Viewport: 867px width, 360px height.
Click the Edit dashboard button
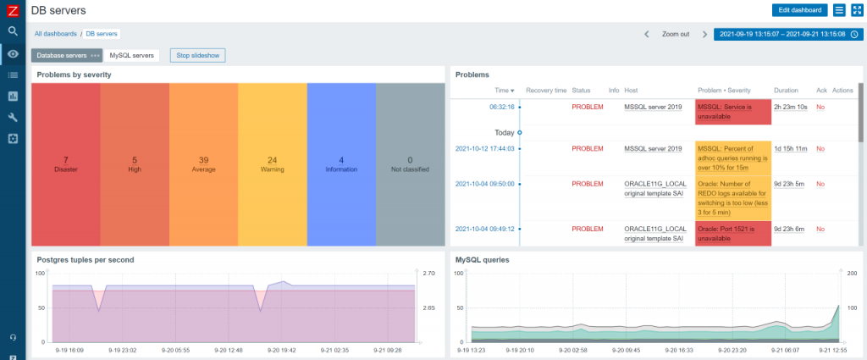[799, 10]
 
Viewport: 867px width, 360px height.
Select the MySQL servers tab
[131, 55]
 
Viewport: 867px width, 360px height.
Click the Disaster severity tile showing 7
[65, 163]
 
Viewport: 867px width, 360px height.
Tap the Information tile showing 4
[341, 163]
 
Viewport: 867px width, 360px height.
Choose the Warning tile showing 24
[272, 163]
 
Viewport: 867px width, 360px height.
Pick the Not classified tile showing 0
[410, 163]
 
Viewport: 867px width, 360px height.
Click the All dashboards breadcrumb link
[56, 34]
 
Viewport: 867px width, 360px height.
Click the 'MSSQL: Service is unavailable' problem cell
[732, 112]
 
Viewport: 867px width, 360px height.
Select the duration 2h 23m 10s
[791, 108]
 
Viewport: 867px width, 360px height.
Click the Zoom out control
[675, 34]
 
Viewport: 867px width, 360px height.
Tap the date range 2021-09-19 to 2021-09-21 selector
[780, 34]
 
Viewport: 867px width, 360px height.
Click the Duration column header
[787, 90]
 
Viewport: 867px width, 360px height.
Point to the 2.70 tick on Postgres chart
[428, 274]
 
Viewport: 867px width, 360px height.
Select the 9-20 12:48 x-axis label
[229, 349]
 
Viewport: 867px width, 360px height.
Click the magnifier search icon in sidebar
[13, 30]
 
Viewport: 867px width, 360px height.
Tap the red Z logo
[13, 10]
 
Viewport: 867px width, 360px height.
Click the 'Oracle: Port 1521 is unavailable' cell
[732, 233]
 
